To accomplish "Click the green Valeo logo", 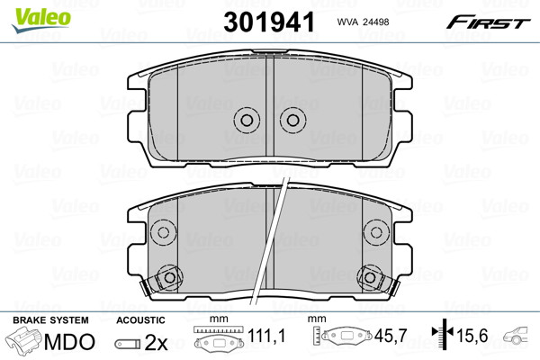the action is [41, 21].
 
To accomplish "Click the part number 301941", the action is [269, 22].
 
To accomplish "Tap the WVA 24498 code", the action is [363, 22].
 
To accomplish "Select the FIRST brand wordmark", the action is [488, 22].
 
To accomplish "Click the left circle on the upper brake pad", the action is [247, 121].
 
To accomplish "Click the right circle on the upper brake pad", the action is [292, 121].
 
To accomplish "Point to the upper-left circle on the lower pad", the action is [163, 232].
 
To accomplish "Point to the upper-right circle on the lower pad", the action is [376, 232].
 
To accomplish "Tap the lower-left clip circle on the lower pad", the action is [169, 277].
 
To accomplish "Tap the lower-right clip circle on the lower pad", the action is [370, 277].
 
